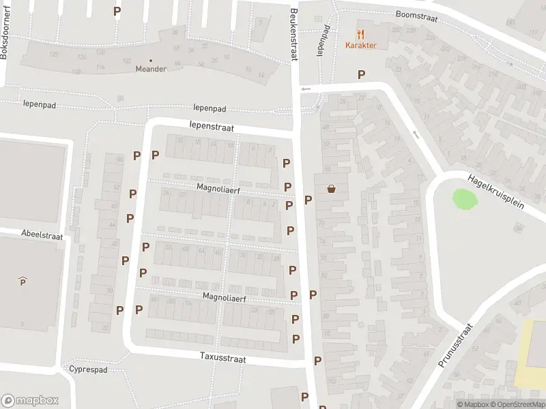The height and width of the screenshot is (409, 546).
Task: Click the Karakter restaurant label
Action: [x=361, y=46]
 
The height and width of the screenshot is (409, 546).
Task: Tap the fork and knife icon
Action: [x=361, y=33]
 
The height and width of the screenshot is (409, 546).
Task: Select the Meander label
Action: [x=151, y=69]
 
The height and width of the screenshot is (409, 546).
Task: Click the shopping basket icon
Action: [x=332, y=189]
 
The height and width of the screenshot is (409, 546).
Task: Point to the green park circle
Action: [x=464, y=199]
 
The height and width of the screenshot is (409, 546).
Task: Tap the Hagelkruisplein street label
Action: [x=496, y=192]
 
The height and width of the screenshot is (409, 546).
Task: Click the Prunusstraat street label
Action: [x=455, y=346]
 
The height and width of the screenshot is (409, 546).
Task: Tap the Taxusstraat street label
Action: [x=222, y=357]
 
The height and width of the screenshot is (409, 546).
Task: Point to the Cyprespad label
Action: [x=89, y=369]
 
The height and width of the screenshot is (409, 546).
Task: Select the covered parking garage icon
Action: [x=23, y=280]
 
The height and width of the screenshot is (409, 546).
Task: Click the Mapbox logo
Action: [x=30, y=401]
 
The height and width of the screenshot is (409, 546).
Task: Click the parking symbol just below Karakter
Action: [x=361, y=75]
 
